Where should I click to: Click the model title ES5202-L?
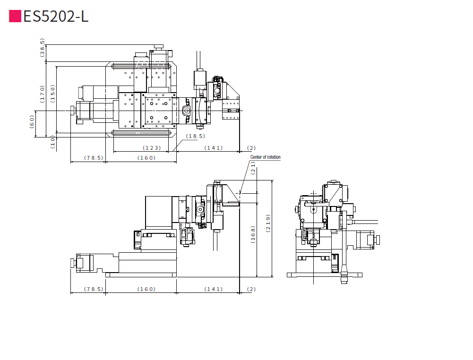(x=56, y=16)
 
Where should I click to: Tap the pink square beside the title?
(x=15, y=16)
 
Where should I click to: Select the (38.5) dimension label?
(x=42, y=48)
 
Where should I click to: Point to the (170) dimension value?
(x=42, y=94)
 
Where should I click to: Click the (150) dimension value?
(x=52, y=94)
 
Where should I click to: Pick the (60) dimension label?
(x=32, y=122)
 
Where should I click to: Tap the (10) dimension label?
(x=52, y=142)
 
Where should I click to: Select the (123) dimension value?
(x=152, y=148)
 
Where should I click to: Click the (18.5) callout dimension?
(x=196, y=136)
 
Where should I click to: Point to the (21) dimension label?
(x=253, y=168)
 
